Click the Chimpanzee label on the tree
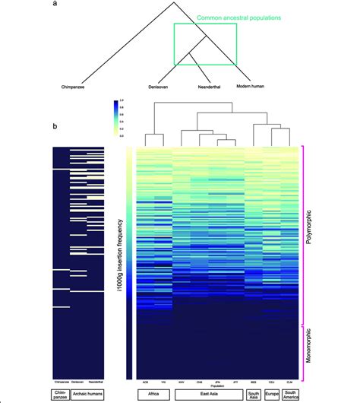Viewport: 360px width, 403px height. click(75, 87)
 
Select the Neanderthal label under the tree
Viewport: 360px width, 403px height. click(206, 87)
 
